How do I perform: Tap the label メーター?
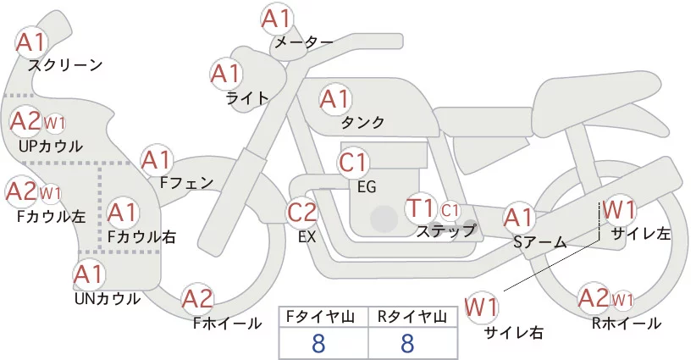(301, 42)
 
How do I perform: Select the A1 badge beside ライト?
(224, 74)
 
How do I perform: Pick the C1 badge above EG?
(353, 161)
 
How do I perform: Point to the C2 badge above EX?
(302, 212)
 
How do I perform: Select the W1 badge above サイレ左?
(619, 208)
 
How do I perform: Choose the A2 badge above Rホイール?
(593, 297)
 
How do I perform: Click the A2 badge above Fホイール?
(198, 298)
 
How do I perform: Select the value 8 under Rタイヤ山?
(407, 343)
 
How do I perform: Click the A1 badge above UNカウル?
(88, 274)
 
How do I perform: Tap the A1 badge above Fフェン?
(156, 159)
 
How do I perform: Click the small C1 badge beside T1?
(450, 208)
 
